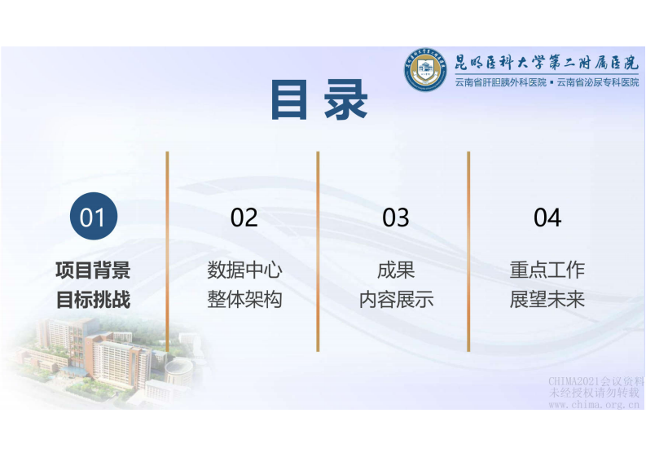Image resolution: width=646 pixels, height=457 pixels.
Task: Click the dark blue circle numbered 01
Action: tap(93, 218)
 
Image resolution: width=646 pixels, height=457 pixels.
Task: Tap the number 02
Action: tap(244, 218)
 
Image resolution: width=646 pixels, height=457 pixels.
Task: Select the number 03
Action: tap(396, 218)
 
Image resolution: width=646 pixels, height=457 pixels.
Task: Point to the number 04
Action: tap(547, 218)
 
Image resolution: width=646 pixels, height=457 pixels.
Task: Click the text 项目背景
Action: tap(93, 270)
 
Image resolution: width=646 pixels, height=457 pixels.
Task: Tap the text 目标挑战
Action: tap(93, 299)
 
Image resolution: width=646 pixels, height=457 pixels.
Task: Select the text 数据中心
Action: tap(244, 270)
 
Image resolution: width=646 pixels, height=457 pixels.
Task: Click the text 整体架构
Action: tap(244, 299)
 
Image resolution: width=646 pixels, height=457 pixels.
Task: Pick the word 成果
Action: tap(396, 270)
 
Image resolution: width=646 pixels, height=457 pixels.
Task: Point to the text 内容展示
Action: tap(396, 299)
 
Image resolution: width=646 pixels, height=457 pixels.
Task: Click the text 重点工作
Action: tap(547, 270)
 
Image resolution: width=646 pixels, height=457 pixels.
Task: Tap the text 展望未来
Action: tap(547, 299)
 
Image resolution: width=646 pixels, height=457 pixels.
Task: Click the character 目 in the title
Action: tap(289, 100)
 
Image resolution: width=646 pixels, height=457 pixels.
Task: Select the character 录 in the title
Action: tap(346, 100)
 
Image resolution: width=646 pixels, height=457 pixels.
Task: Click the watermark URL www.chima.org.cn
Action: tap(595, 404)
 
